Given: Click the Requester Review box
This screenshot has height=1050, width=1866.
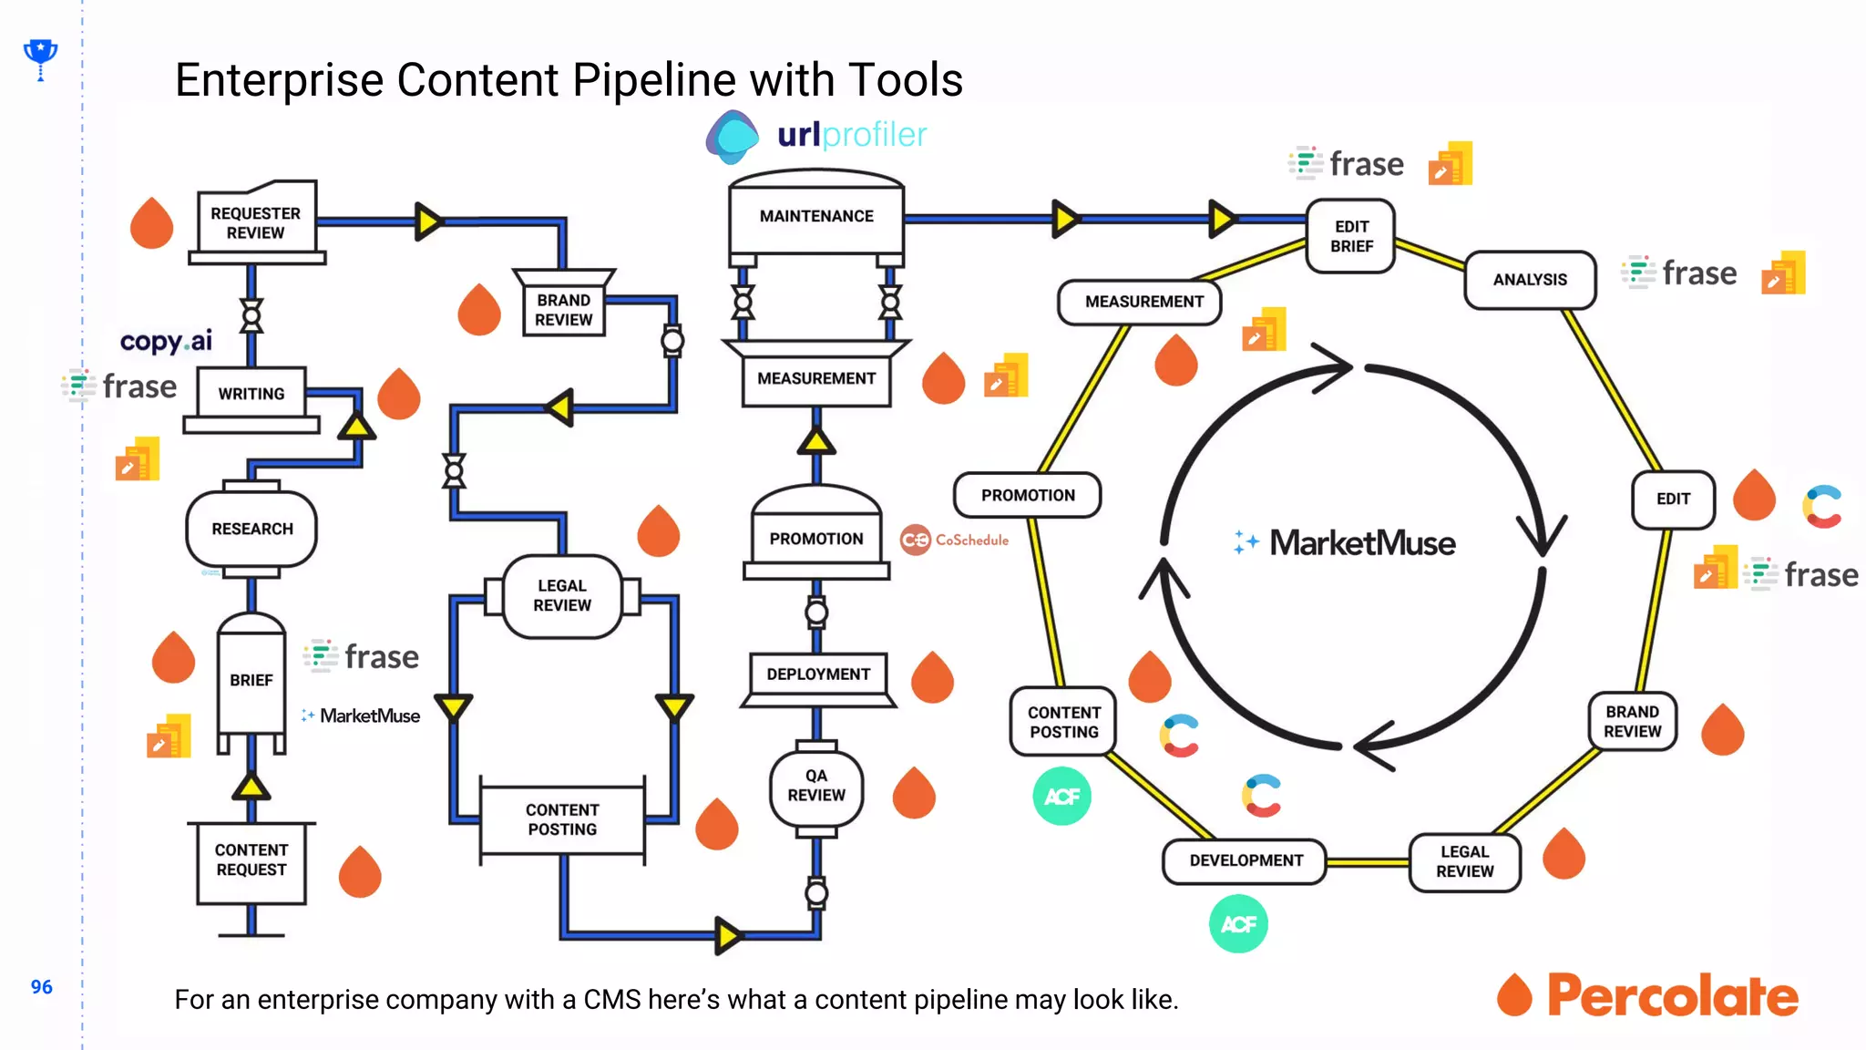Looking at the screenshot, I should pos(256,222).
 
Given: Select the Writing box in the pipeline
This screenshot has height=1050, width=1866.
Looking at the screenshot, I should pos(251,394).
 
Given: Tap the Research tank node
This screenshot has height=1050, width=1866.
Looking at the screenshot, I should pos(252,529).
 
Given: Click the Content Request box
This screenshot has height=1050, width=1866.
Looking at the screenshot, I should pos(251,860).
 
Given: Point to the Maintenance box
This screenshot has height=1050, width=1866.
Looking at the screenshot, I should pos(816,216).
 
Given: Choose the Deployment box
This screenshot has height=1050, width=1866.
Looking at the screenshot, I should pos(818,674).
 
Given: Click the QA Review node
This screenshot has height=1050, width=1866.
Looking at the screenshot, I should pos(816,786).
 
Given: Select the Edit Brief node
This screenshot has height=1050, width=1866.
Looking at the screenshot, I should pos(1351,237).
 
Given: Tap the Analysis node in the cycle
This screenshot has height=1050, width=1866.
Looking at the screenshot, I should pos(1530,280).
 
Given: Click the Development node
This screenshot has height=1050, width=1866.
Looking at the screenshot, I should pos(1246,860).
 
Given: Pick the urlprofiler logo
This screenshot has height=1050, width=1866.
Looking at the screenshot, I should pos(817,136).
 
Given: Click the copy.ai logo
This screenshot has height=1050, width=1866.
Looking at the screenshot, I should pos(166,341).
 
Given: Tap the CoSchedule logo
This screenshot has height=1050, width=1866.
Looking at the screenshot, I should pos(955,540).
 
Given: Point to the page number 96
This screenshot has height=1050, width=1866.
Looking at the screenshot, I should pos(42,987).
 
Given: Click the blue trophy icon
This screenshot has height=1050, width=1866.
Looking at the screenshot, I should pos(40,57).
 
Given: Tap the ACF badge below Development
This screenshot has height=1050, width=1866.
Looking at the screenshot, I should pos(1238,924).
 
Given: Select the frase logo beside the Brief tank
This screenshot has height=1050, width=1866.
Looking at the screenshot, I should pos(362,656).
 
